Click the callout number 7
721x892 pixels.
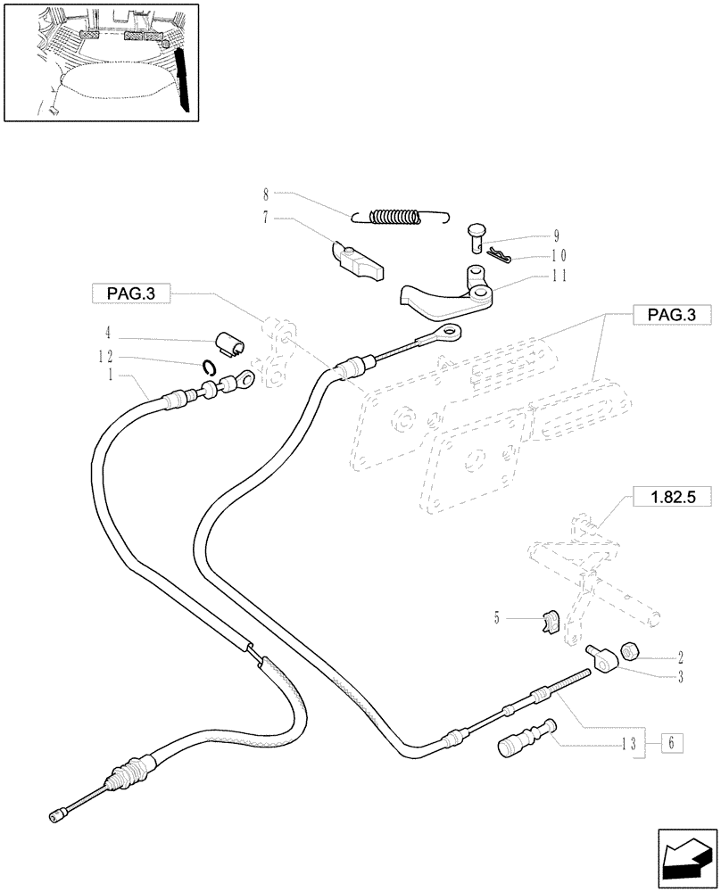pos(266,217)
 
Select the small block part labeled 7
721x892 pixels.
pos(360,260)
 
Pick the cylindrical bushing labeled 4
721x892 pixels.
pos(230,342)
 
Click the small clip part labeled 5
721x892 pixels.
pos(549,620)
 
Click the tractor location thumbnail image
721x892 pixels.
pos(101,61)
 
